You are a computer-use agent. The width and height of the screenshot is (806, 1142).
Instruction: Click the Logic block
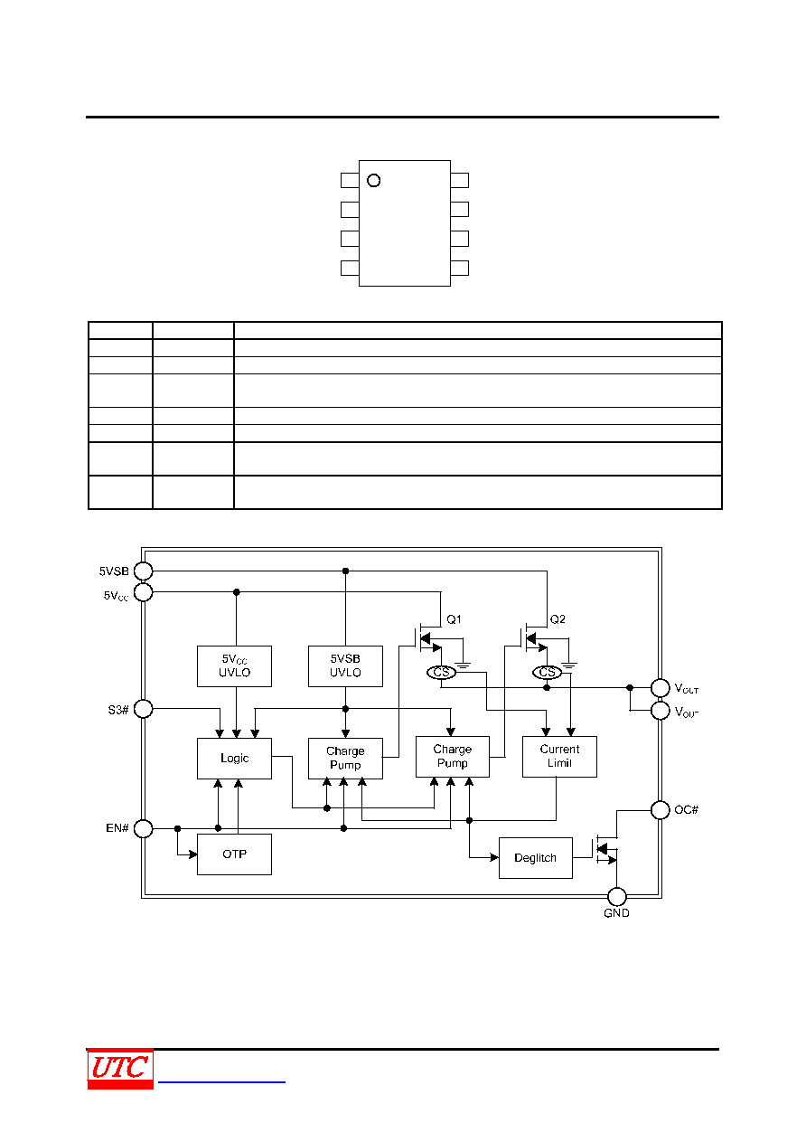[234, 758]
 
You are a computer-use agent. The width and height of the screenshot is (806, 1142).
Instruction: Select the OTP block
[234, 854]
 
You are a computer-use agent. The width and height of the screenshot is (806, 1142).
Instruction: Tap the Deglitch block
[536, 857]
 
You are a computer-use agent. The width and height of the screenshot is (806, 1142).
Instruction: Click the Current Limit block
[559, 757]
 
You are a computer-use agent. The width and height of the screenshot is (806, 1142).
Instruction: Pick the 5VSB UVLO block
[345, 665]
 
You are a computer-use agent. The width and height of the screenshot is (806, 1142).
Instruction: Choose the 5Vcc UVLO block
[234, 665]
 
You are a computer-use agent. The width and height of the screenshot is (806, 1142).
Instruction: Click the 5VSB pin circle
[143, 571]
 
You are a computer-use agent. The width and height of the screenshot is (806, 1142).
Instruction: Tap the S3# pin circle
[143, 709]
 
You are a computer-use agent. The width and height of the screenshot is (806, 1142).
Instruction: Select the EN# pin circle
[143, 828]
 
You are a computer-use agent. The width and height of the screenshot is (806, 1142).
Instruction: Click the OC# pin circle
[661, 809]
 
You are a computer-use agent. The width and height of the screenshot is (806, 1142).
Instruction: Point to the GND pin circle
[617, 896]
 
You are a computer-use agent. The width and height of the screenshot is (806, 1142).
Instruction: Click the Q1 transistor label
[454, 619]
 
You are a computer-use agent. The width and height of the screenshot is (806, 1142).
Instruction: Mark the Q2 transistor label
[558, 619]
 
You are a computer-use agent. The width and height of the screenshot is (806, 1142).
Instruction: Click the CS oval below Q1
[441, 673]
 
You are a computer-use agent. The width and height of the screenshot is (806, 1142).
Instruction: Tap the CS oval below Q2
[547, 673]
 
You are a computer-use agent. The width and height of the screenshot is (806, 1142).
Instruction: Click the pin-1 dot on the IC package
[373, 181]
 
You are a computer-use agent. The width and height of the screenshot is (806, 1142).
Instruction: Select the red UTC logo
[120, 1068]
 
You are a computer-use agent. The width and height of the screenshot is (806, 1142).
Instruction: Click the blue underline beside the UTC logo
[221, 1081]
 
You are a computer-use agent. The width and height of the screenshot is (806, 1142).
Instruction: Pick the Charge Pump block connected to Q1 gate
[345, 758]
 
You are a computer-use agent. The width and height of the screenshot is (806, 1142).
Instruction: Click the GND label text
[616, 913]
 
